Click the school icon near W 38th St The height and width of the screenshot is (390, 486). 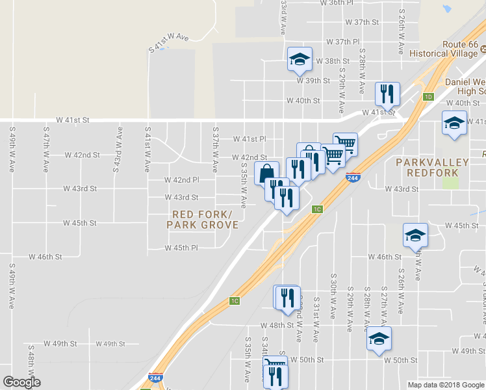(300, 59)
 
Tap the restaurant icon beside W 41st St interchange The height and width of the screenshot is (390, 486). (387, 94)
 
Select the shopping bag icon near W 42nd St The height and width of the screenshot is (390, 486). (266, 174)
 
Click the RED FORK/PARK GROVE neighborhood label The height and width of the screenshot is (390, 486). (202, 220)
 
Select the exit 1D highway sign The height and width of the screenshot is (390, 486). (428, 97)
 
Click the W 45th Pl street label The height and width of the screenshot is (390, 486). (181, 248)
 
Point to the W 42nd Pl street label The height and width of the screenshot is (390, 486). (181, 179)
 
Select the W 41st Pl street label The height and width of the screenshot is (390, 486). (249, 139)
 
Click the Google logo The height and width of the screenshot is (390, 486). (21, 382)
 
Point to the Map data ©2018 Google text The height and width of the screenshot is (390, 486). (445, 384)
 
